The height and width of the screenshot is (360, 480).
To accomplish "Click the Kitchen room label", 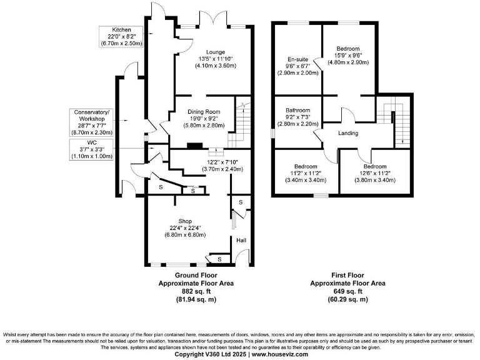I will [121, 30].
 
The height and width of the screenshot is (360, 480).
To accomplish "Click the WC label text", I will [91, 143].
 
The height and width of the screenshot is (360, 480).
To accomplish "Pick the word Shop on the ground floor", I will [184, 221].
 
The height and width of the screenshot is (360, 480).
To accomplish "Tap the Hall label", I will [242, 239].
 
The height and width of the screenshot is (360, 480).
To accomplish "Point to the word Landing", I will [348, 133].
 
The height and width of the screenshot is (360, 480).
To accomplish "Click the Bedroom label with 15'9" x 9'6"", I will [348, 49].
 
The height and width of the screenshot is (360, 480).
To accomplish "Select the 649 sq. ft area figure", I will [348, 291].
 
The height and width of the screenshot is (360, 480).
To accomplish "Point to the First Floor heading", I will [348, 275].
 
